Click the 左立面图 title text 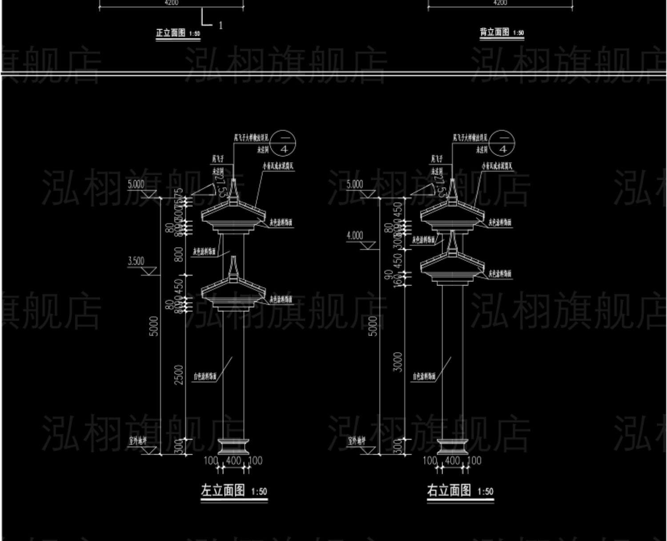pos(223,491)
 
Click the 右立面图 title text pos(449,490)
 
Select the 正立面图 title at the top pos(170,33)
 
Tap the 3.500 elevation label pos(136,261)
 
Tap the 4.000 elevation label pos(355,236)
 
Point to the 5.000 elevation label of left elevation pos(136,184)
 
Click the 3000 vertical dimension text pos(398,362)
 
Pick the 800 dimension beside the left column pos(179,254)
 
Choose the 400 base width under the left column pos(233,461)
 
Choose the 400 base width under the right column pos(452,461)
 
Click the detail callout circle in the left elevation pos(284,144)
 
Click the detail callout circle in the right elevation pos(502,144)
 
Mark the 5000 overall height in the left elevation pos(153,326)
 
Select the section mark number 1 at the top pos(221,25)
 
